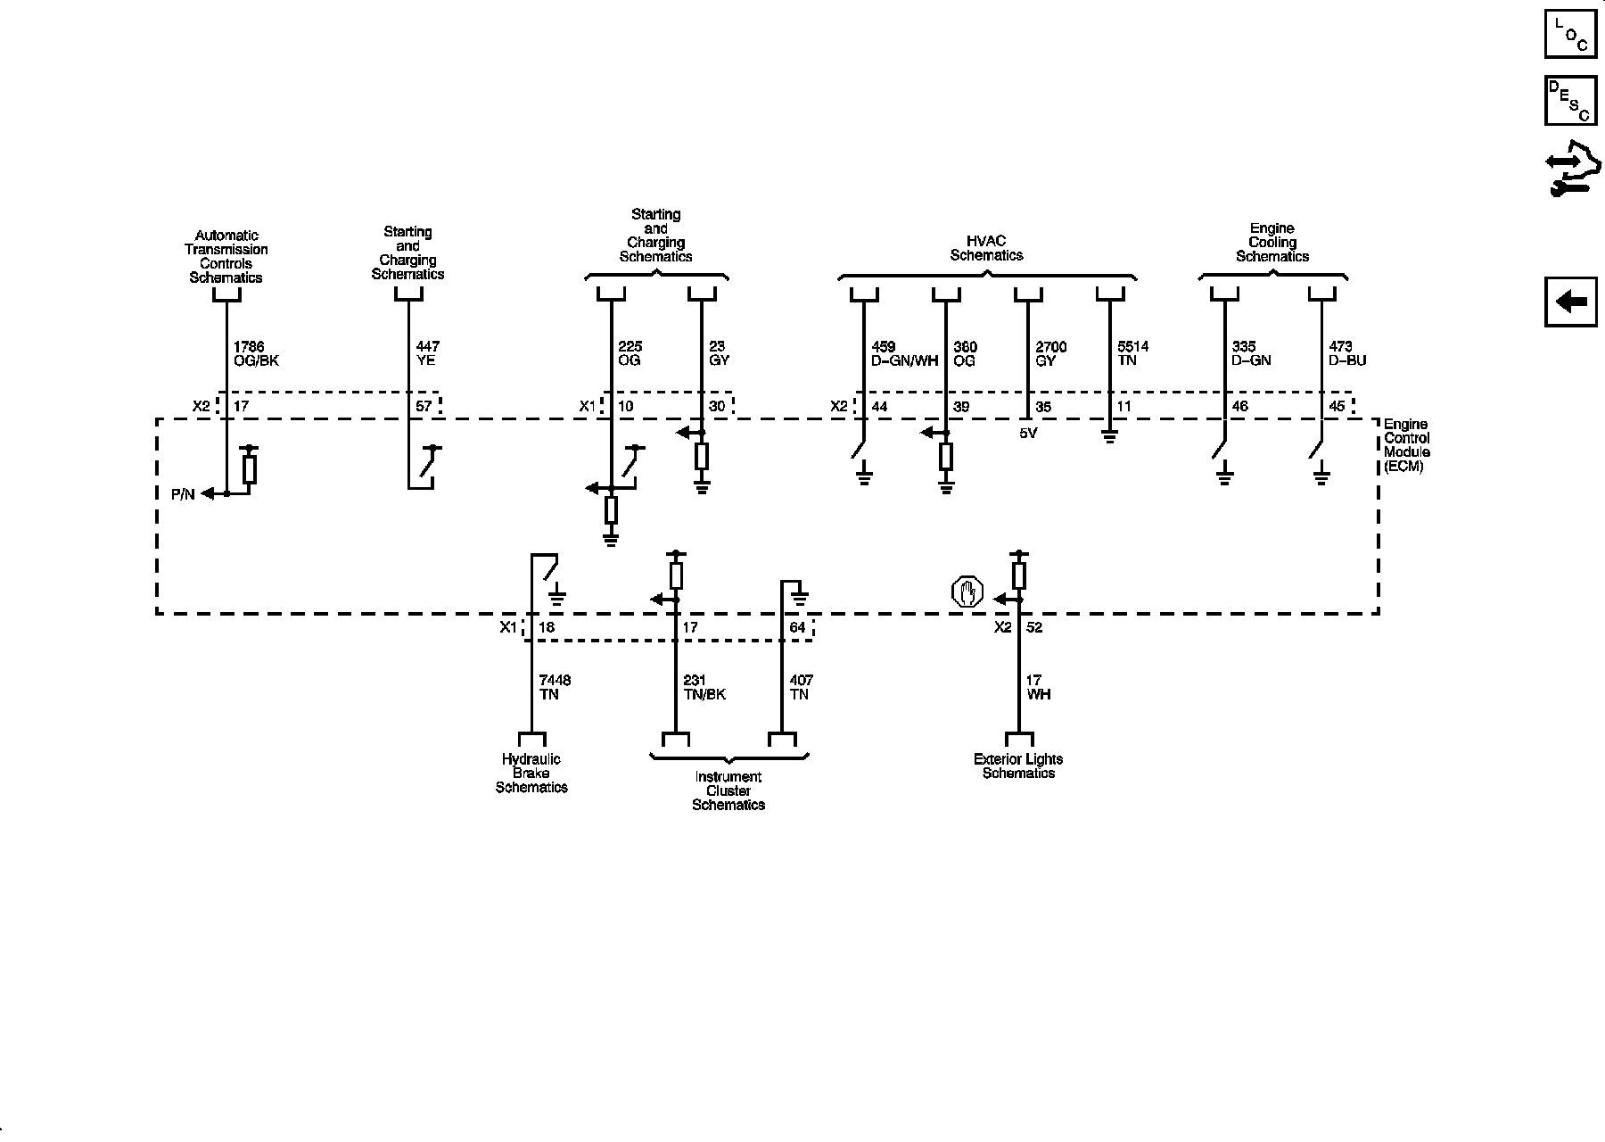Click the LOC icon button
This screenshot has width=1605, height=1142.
click(1570, 34)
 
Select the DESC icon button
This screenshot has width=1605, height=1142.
click(1570, 101)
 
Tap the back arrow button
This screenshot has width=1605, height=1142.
click(1570, 302)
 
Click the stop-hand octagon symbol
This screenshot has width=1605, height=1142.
click(967, 592)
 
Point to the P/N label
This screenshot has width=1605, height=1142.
click(183, 494)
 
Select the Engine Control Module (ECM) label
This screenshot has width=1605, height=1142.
click(1406, 445)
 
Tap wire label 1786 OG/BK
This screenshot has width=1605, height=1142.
click(256, 353)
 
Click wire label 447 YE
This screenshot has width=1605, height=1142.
click(428, 353)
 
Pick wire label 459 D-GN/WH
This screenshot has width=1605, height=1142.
click(904, 353)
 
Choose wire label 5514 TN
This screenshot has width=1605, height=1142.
click(1132, 353)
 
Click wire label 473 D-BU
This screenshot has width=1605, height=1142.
click(1346, 353)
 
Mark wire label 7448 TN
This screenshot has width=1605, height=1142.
click(555, 687)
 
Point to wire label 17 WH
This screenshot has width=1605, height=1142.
click(1038, 687)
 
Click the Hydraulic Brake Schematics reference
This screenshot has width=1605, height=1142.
click(531, 773)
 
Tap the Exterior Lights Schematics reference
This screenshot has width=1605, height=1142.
click(1018, 765)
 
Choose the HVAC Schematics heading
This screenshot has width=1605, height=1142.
click(986, 248)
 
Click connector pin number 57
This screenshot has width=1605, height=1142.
click(424, 407)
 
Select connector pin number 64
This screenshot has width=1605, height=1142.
click(797, 627)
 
